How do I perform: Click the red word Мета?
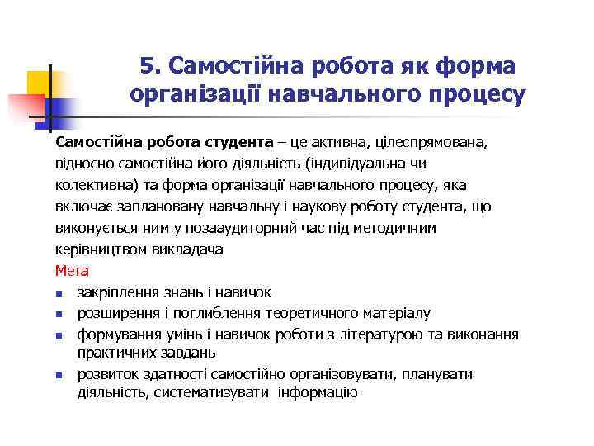coord(72,270)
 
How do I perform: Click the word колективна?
coord(92,184)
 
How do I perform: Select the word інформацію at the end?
coord(318,392)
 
